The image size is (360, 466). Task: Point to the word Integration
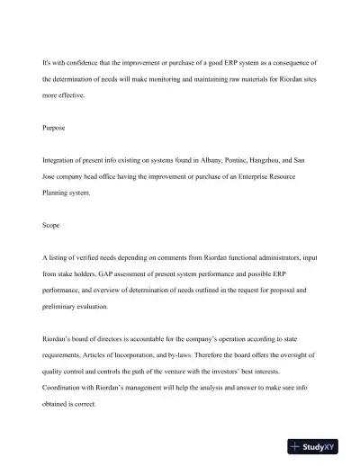tap(60, 162)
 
